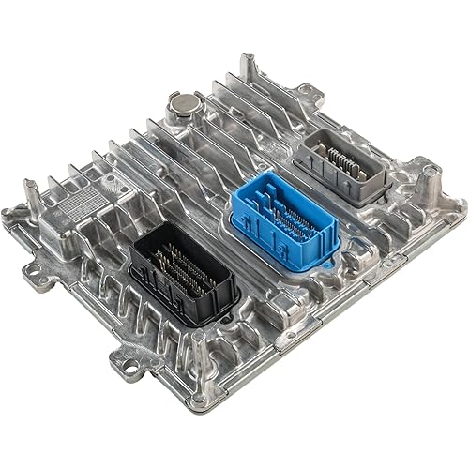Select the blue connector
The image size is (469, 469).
[285, 221]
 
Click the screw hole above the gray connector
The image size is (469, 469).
[306, 91]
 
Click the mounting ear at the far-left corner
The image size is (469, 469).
[13, 216]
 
